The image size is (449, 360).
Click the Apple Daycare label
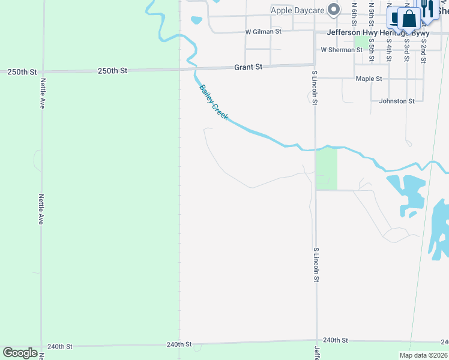point(298,10)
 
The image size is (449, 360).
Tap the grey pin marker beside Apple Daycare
point(336,10)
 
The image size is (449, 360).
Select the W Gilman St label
point(263,31)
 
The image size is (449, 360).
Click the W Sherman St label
point(342,50)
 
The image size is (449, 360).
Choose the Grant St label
point(249,67)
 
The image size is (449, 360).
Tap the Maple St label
point(369,79)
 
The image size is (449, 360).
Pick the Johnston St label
point(397,101)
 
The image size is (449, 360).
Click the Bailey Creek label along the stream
point(214,101)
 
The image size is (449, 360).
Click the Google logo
point(20,353)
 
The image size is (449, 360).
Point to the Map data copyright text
point(424,355)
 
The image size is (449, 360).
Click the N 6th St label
point(355,12)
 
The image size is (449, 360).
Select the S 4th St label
point(389,52)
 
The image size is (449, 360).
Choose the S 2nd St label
point(423,52)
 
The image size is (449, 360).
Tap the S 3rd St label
point(406,52)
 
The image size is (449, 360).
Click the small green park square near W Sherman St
point(361,42)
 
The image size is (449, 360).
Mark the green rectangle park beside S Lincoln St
point(327,169)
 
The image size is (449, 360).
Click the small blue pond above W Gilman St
point(196,20)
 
